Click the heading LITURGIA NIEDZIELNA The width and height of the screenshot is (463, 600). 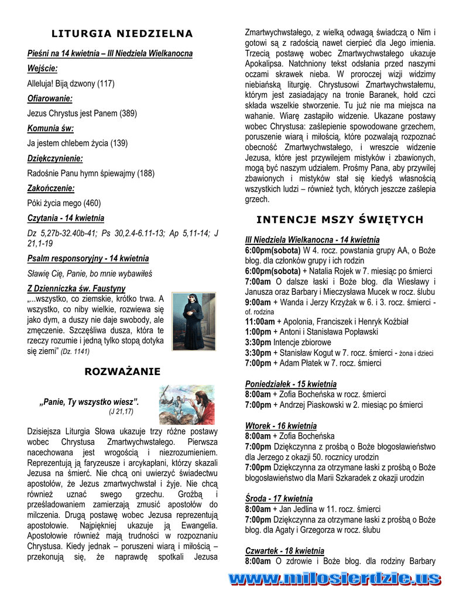122,33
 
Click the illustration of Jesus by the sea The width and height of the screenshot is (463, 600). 187,405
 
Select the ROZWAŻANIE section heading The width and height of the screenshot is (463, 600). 122,371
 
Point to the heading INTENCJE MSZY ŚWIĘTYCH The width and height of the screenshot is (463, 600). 340,220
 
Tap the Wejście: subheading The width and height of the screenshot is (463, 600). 42,69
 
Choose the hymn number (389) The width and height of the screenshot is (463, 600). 129,114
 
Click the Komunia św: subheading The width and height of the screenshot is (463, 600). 50,128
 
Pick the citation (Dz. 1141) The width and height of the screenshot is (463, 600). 76,352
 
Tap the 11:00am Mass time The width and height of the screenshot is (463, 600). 260,321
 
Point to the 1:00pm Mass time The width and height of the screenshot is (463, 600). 258,332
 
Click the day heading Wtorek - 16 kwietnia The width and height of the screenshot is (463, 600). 280,425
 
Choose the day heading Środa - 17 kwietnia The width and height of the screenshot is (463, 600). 279,499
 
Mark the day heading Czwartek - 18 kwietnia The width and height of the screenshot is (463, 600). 284,551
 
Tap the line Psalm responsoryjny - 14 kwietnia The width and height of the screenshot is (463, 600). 88,258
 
